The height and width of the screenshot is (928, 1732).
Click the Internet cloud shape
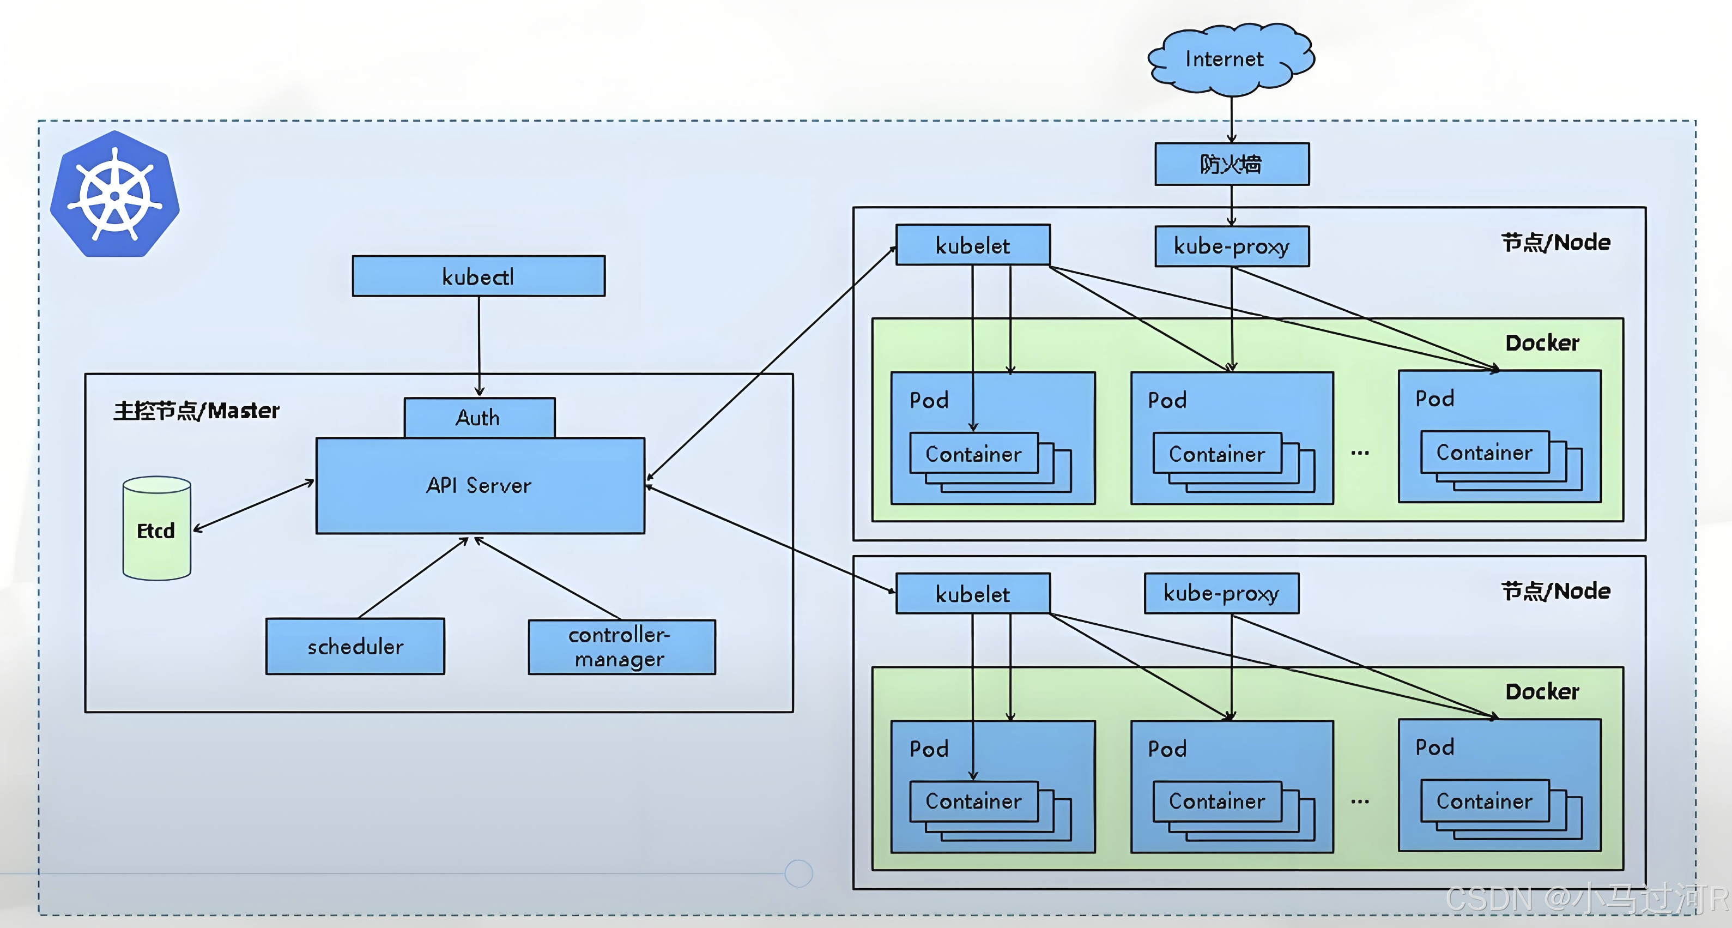point(1231,59)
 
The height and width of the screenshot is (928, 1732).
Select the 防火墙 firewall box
point(1232,164)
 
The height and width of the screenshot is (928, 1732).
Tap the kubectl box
point(479,276)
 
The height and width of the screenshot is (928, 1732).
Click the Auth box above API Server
point(480,418)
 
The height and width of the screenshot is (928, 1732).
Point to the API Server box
point(480,485)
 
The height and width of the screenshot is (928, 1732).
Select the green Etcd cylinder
point(156,528)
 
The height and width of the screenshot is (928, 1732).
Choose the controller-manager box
point(622,647)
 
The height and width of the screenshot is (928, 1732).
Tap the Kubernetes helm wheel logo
point(115,194)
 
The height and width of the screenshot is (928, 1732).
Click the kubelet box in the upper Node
point(973,245)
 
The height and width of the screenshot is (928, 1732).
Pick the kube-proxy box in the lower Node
point(1222,593)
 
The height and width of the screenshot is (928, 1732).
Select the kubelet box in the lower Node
point(973,593)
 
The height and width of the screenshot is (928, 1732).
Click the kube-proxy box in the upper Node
point(1232,246)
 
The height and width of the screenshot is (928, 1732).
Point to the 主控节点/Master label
point(196,410)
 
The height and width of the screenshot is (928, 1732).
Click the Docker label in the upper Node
point(1542,343)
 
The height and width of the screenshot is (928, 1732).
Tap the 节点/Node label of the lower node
point(1556,591)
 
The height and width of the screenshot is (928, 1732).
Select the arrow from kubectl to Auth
point(480,347)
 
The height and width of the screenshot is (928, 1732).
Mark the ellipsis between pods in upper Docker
point(1360,453)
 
